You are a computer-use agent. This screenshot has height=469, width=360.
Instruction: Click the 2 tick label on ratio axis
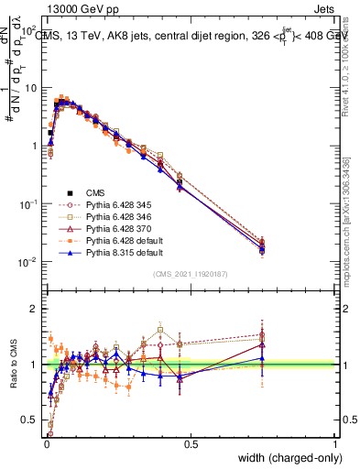coord(33,309)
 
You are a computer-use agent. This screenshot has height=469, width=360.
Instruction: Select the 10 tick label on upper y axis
coord(30,89)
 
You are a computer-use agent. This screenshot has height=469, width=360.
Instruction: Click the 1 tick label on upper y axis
coord(33,146)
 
